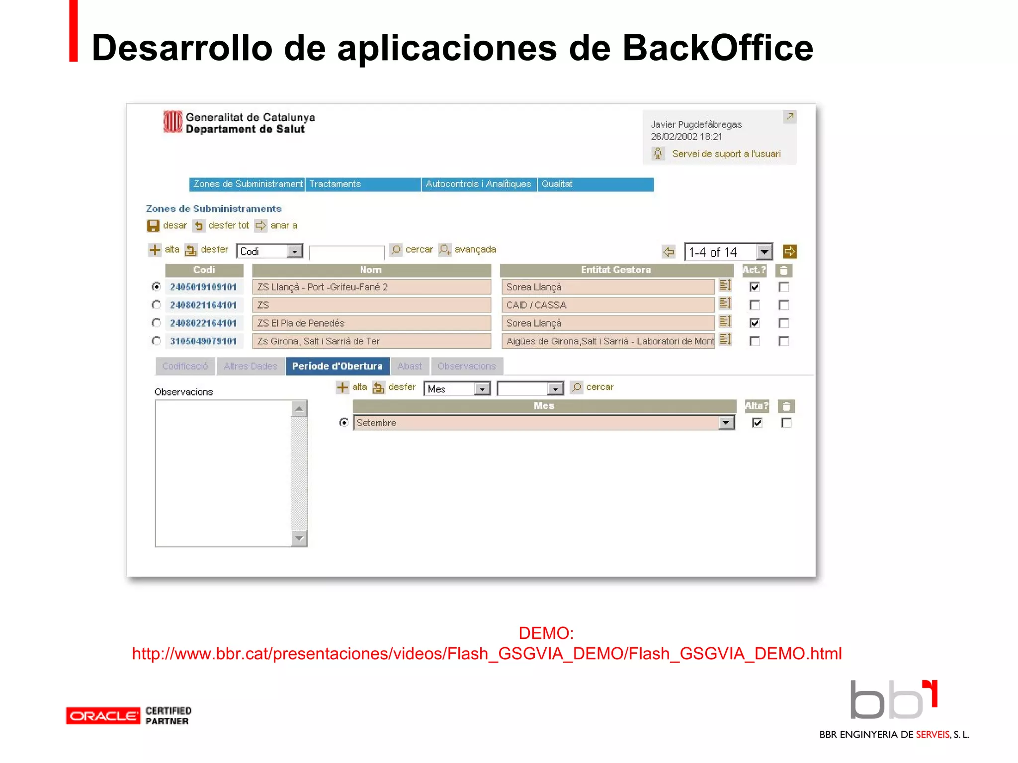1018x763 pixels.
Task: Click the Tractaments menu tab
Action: (x=363, y=184)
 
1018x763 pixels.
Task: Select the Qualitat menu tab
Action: (x=594, y=184)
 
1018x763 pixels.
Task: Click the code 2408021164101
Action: (x=203, y=305)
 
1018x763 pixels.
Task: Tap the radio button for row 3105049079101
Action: (x=157, y=341)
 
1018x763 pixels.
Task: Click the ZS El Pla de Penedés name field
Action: (x=371, y=323)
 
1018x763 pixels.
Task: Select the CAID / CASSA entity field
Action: (x=607, y=305)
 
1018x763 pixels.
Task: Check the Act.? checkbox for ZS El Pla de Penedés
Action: (x=755, y=323)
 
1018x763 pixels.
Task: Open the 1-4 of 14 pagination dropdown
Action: (x=764, y=252)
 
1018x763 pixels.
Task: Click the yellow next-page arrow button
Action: (x=789, y=252)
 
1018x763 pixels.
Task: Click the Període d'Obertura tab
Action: (x=337, y=366)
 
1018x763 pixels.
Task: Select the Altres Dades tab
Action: (x=250, y=366)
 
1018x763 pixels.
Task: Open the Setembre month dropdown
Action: (x=726, y=423)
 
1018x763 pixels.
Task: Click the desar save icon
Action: (x=153, y=226)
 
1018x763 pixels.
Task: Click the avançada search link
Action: (x=475, y=249)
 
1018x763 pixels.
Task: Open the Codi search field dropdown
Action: (x=295, y=251)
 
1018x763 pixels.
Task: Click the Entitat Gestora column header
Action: (x=615, y=270)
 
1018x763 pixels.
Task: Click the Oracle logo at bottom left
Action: (x=103, y=716)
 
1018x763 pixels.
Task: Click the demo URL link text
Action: (x=487, y=654)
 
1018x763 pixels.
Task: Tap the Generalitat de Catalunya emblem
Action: (x=172, y=122)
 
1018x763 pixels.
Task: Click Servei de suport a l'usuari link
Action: (x=726, y=154)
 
